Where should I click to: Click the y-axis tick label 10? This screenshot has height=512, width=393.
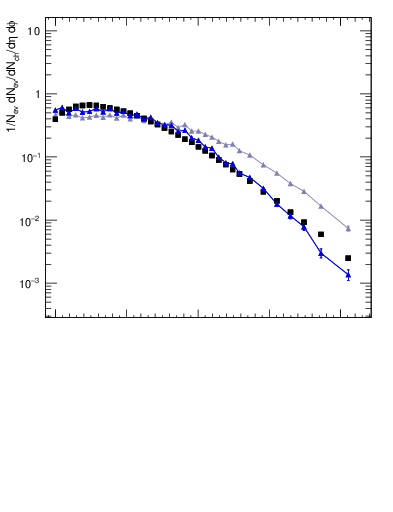(x=34, y=31)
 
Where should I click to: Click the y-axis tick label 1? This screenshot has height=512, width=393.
(x=37, y=94)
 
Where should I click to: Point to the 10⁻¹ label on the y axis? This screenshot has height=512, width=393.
(x=32, y=157)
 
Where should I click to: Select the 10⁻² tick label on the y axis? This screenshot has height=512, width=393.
(x=32, y=220)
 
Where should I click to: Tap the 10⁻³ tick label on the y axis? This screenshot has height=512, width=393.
(x=32, y=283)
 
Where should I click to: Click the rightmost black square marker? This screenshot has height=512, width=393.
(x=348, y=258)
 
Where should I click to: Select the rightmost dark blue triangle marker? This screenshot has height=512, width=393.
(x=348, y=274)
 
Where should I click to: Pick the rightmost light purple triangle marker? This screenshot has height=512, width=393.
(x=348, y=228)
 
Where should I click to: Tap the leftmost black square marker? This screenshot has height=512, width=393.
(x=55, y=118)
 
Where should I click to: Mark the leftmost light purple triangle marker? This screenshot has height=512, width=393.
(x=55, y=114)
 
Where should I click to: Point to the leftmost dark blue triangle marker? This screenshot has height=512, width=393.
(x=55, y=110)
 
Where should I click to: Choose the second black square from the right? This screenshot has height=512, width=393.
(x=321, y=234)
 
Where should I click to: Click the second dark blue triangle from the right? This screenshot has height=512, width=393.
(x=321, y=253)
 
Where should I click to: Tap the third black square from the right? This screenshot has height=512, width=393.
(x=304, y=222)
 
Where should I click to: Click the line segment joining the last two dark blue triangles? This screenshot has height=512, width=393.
(x=335, y=264)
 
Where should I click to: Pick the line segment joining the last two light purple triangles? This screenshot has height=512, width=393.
(x=335, y=216)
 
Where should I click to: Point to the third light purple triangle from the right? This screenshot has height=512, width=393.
(x=304, y=191)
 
